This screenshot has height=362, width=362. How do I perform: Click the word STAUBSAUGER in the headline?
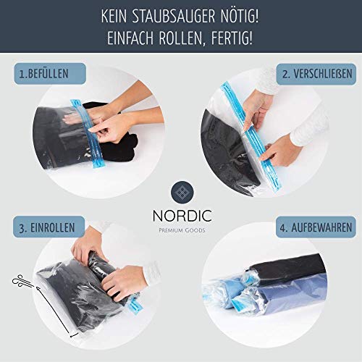pos(174,16)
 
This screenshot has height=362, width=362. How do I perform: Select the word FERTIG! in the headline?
pos(232,38)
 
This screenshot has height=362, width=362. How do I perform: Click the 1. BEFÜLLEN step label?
pos(50,74)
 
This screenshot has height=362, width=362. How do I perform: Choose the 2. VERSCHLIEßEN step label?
pos(316,74)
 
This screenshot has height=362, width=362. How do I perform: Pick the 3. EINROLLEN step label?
pos(49,227)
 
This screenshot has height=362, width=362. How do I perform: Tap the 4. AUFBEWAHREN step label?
pos(316,227)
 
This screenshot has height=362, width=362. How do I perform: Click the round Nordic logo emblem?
pos(182,193)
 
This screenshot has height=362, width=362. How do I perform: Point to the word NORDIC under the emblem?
pos(182,216)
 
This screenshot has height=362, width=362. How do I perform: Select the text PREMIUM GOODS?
pos(182,230)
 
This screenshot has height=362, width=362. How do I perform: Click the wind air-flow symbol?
pos(22,281)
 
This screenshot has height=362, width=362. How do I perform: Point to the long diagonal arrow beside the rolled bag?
pos(57,312)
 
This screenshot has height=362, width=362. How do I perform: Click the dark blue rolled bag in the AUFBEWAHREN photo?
pos(284,299)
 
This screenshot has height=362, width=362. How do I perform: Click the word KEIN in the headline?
pos(114,16)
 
